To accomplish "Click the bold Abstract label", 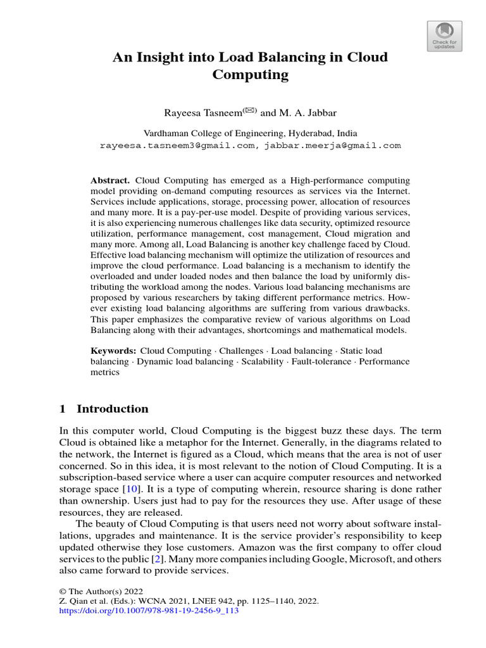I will (x=109, y=180).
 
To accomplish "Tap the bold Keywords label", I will (x=113, y=351).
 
